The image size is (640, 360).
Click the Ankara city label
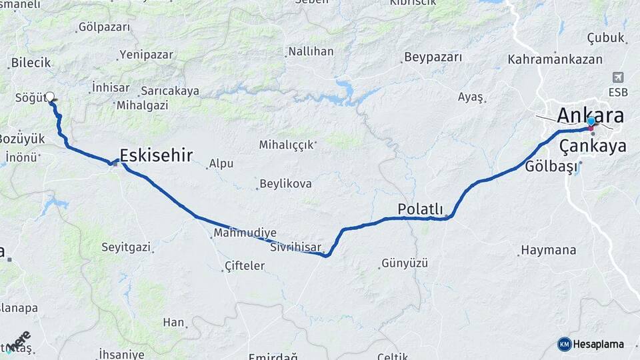590,115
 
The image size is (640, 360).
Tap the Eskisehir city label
156,155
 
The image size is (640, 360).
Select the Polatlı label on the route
420,209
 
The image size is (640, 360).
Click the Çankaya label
593,145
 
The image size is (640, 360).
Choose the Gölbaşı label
551,166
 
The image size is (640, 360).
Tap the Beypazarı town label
433,57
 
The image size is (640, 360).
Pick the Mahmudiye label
245,233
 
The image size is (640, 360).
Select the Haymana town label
548,251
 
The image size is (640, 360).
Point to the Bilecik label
31,63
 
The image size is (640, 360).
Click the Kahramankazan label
555,59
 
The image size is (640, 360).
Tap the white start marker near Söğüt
50,97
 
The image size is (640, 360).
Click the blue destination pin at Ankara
591,122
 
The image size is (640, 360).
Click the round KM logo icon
564,344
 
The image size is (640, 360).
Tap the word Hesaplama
599,344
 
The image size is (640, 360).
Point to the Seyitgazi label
126,247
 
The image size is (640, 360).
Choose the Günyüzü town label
404,263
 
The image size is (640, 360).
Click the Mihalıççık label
287,143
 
